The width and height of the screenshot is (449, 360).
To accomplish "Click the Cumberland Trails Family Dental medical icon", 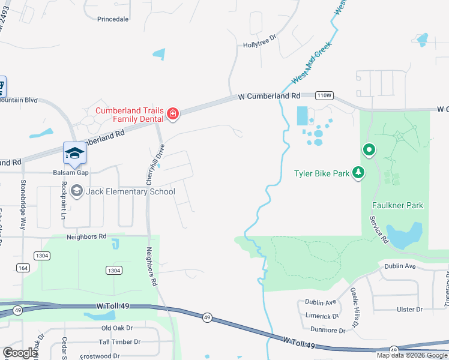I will [x=173, y=113].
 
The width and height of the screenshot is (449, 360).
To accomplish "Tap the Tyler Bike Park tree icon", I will [x=358, y=173].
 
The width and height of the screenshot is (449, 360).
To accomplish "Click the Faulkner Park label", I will [x=397, y=205].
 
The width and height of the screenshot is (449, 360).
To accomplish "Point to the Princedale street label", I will [x=113, y=19].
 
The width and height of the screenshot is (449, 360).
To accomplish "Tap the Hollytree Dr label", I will [x=259, y=44].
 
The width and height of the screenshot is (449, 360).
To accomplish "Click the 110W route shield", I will [x=324, y=95].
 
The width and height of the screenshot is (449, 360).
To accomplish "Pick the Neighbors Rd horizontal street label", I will [x=86, y=236].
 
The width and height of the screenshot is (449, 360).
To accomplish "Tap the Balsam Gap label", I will [x=70, y=172].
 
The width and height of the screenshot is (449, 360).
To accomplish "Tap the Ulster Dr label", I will [x=410, y=310].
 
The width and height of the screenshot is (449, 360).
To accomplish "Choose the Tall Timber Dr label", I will [x=119, y=342].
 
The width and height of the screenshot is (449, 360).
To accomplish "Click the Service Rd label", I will [x=378, y=230].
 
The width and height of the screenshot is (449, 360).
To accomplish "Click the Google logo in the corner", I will [x=20, y=353].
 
